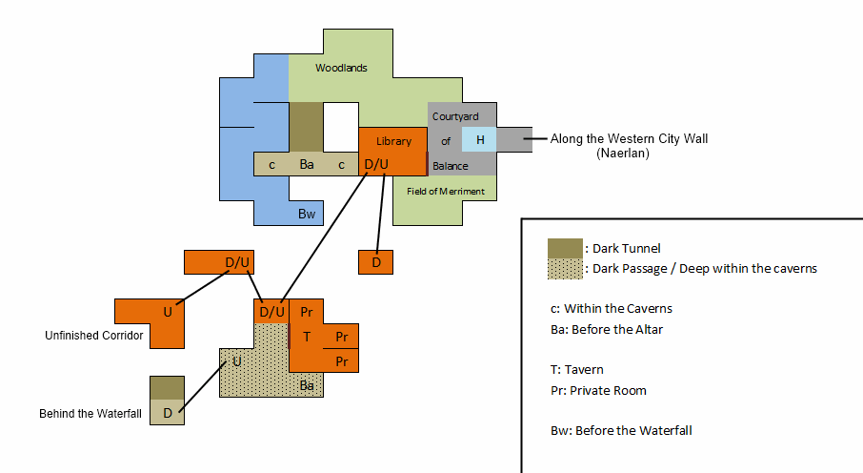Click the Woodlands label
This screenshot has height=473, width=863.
pos(341,69)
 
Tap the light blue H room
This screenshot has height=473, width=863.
pos(480,140)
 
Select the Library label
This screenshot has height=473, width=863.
pos(393,141)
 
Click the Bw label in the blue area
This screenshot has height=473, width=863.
pos(307,214)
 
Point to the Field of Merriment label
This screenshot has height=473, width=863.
pos(446,192)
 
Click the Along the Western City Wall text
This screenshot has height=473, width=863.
pos(629,139)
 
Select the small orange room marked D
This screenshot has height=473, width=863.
pos(376,261)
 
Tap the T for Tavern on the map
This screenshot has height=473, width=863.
pos(307,337)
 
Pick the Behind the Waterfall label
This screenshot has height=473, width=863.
pos(90,414)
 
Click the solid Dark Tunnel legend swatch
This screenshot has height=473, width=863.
pos(565,249)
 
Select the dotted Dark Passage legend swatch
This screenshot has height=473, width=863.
pos(565,269)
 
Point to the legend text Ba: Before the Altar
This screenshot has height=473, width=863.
pos(611,330)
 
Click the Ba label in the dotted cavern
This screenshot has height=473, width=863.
pos(307,386)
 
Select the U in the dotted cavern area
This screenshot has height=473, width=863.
pos(237,361)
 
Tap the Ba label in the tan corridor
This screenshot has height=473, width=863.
pos(307,165)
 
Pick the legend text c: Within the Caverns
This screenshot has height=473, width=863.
pos(617,309)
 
